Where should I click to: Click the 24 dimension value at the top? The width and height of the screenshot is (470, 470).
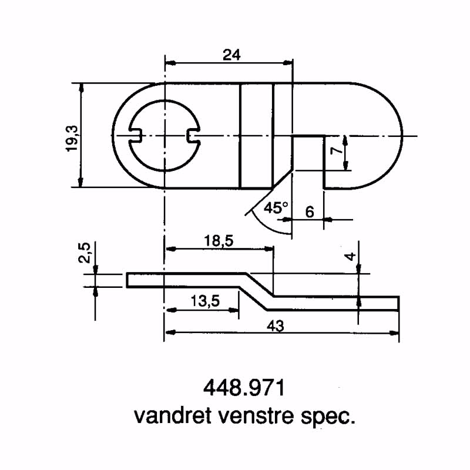(x=232, y=55)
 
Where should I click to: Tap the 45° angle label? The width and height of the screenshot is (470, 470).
(x=276, y=207)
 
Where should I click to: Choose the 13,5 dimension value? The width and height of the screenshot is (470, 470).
(x=205, y=301)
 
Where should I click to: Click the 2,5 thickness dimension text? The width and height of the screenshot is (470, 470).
(x=85, y=254)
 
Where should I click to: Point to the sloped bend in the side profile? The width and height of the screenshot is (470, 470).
(x=257, y=291)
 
